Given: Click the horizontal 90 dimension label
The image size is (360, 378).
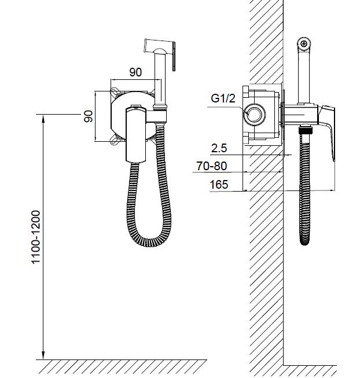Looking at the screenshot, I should tap(135, 72).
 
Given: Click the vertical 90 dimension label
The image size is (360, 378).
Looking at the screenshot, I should tap(89, 116).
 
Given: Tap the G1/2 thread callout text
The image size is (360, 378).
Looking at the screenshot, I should tap(223, 98).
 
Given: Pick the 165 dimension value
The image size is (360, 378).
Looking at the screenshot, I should tap(219, 185).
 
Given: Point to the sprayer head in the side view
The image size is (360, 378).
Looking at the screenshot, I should tap(304, 45).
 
